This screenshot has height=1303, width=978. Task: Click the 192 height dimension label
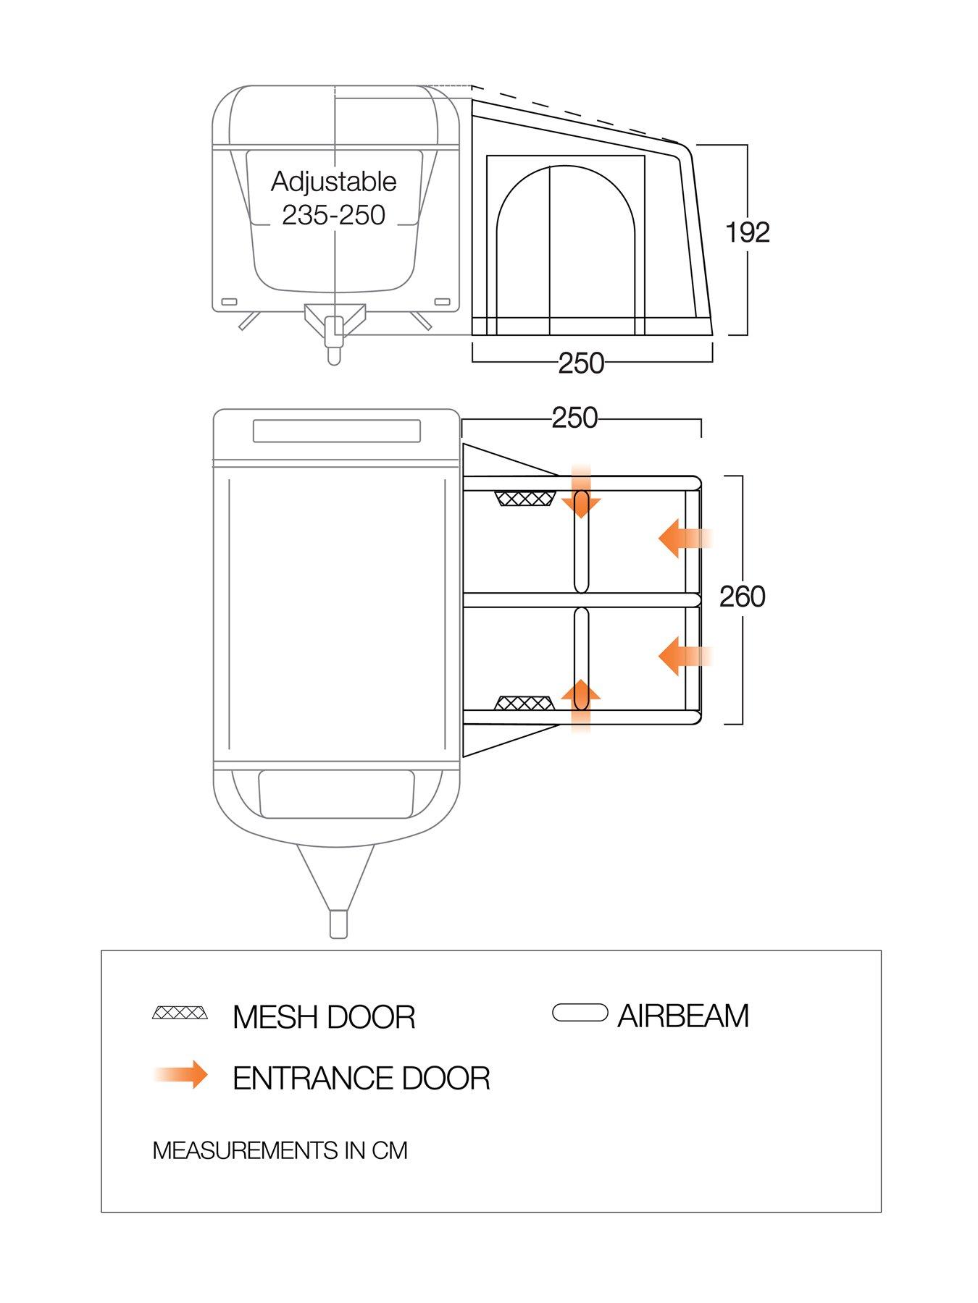[748, 232]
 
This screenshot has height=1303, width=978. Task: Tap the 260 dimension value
[743, 596]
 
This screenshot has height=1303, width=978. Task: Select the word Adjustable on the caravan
[334, 181]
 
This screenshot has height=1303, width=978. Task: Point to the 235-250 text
[334, 215]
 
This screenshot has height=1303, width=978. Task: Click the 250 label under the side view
[581, 363]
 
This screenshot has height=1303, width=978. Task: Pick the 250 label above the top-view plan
[575, 418]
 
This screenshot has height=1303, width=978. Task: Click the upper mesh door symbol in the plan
[525, 499]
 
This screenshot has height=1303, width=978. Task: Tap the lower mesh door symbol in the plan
[525, 703]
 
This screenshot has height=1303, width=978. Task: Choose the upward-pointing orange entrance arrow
[581, 706]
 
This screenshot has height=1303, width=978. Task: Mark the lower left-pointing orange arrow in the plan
[685, 656]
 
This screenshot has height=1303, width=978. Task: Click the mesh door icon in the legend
[180, 1012]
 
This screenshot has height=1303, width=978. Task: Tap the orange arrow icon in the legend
[181, 1074]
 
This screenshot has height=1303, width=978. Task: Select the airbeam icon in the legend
[580, 1012]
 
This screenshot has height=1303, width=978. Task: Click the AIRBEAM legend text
[682, 1016]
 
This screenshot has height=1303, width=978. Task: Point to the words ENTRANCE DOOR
[361, 1079]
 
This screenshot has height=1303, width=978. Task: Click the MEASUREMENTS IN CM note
[280, 1150]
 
